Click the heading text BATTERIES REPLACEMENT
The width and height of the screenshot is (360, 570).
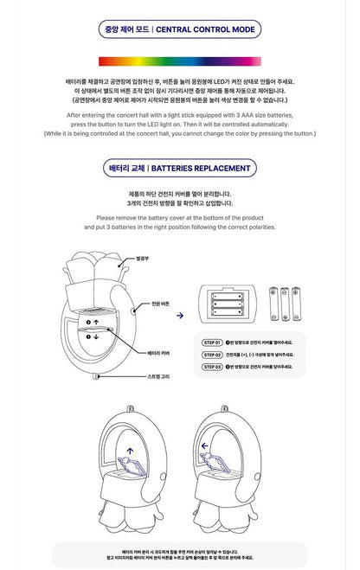pos(206,168)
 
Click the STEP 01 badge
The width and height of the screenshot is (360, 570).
pos(213,343)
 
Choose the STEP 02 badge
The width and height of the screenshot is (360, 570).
pos(213,355)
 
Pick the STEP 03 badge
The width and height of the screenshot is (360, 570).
pos(213,367)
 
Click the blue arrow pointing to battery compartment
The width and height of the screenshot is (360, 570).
pos(179,317)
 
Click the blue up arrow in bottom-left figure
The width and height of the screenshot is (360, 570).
pos(129,449)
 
